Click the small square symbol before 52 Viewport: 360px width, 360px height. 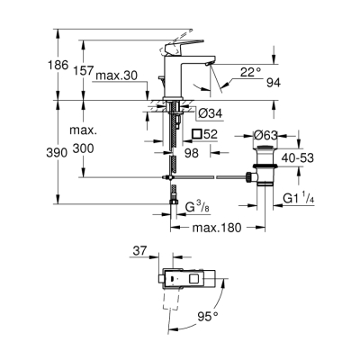coord(197,133)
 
